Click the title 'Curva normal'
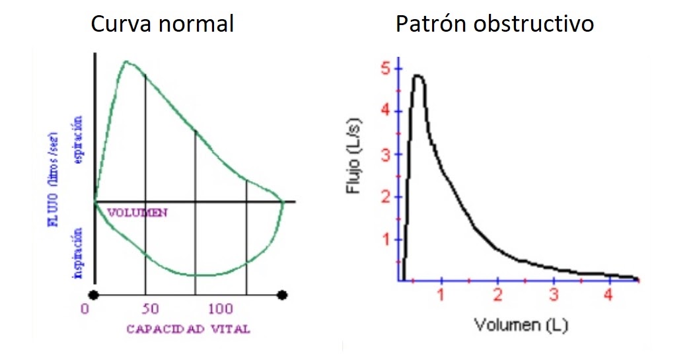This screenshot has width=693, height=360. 163,24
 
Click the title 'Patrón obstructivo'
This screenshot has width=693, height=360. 495,24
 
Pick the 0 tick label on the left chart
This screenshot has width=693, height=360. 85,309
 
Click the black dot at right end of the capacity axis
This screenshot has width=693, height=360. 282,294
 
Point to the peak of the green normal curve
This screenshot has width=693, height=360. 126,62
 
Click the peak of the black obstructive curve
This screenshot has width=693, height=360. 418,76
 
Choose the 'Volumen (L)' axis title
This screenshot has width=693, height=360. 520,325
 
